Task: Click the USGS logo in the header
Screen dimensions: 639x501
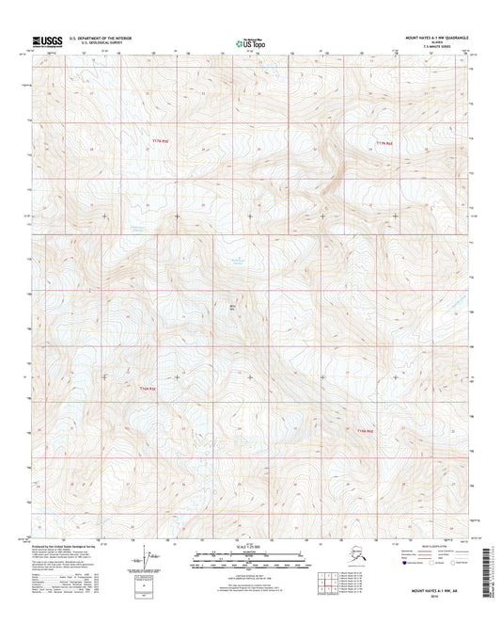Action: (x=49, y=40)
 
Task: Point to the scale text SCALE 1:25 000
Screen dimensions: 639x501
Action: (x=249, y=547)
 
